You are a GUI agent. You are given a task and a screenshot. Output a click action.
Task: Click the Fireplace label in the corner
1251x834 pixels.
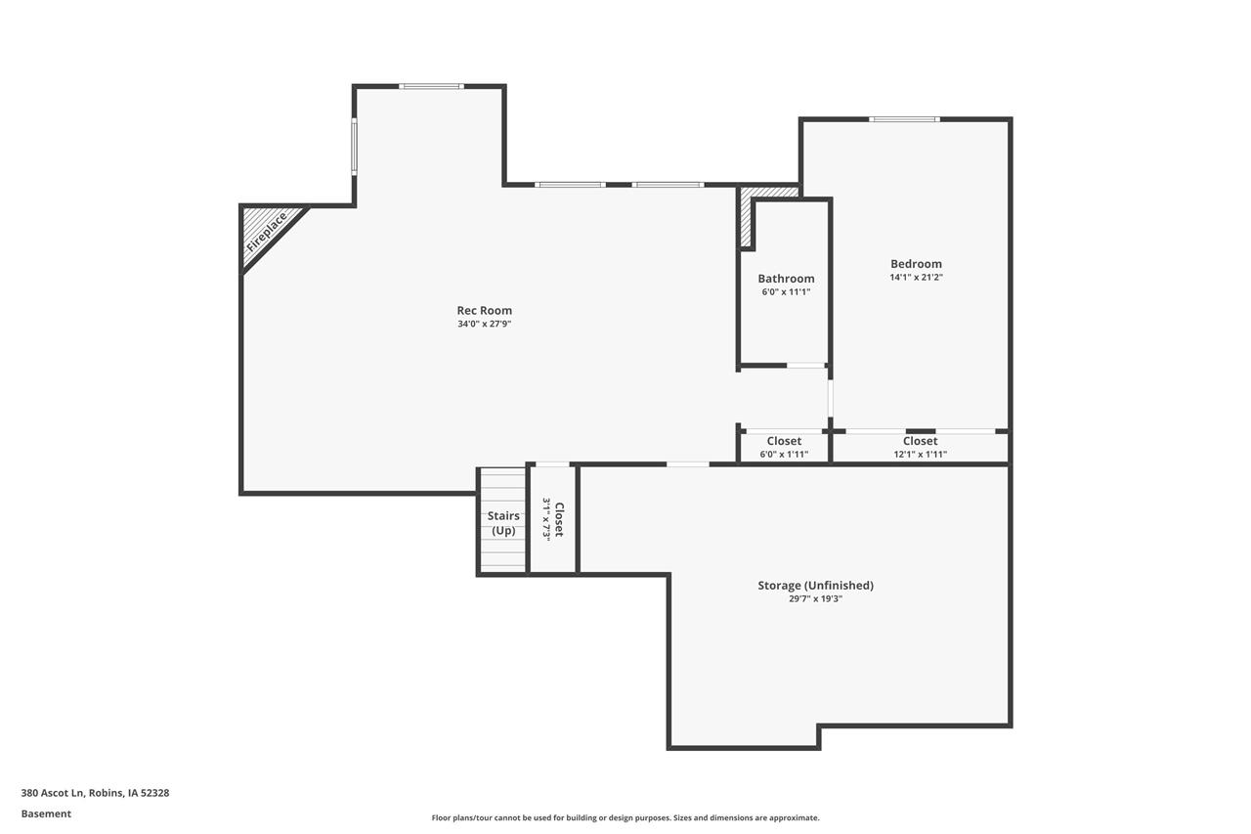click(267, 233)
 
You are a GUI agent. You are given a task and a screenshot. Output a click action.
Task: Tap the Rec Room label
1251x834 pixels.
click(484, 311)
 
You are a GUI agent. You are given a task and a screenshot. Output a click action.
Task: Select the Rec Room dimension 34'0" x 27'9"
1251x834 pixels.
click(484, 324)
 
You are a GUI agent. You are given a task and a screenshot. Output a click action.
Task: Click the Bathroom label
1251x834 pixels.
click(786, 279)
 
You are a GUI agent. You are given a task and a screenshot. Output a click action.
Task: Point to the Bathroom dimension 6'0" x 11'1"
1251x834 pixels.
click(786, 291)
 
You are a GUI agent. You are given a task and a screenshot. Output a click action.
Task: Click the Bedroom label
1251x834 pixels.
click(916, 264)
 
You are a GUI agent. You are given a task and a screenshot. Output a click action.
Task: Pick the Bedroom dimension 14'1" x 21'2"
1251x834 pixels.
click(916, 277)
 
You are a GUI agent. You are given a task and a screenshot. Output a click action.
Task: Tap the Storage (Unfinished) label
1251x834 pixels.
click(815, 586)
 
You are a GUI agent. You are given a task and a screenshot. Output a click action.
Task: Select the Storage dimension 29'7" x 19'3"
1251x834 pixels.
click(815, 598)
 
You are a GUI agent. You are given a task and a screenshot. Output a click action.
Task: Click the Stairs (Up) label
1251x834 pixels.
click(503, 523)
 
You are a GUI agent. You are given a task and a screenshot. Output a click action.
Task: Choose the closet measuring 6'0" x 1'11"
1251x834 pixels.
click(784, 447)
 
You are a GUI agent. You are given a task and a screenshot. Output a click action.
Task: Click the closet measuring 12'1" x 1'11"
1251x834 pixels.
click(920, 447)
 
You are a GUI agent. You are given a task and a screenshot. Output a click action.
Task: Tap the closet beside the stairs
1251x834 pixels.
click(553, 518)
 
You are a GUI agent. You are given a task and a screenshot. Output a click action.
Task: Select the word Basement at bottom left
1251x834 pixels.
click(46, 813)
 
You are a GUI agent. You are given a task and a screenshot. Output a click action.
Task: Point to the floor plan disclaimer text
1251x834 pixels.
click(625, 817)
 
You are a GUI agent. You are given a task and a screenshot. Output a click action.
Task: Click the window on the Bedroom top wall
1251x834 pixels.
click(904, 119)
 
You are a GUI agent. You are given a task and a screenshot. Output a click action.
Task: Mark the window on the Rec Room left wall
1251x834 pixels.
click(354, 146)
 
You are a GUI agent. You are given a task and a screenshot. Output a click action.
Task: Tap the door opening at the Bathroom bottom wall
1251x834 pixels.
click(806, 366)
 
